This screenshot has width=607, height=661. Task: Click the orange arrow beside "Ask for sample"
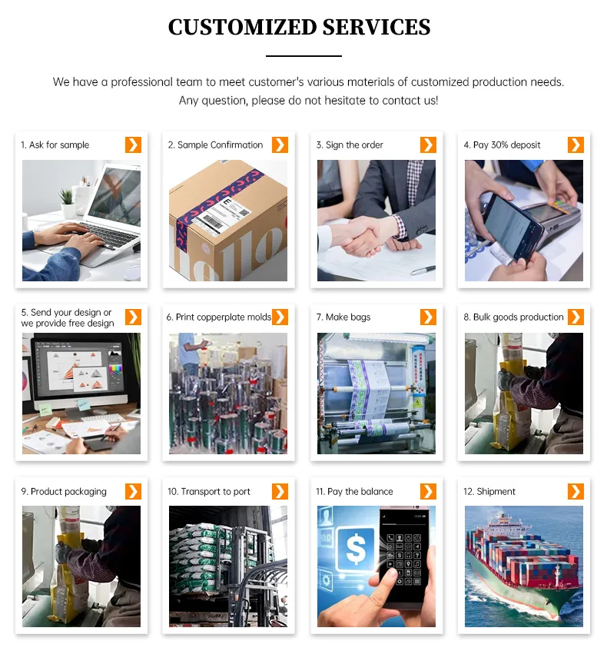(x=133, y=144)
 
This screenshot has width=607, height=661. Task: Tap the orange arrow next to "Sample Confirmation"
(x=280, y=144)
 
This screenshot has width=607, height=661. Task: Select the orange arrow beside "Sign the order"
(x=428, y=144)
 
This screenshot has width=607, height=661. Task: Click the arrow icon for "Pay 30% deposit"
(x=575, y=144)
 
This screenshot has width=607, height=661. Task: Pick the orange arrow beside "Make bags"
(x=428, y=317)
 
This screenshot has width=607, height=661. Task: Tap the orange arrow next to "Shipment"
(x=575, y=491)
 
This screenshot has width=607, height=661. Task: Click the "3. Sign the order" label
(x=350, y=145)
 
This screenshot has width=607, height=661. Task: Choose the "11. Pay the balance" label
(x=354, y=492)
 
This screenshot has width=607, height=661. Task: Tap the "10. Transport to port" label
(x=209, y=492)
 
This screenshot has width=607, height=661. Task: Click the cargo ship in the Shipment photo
(x=522, y=569)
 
